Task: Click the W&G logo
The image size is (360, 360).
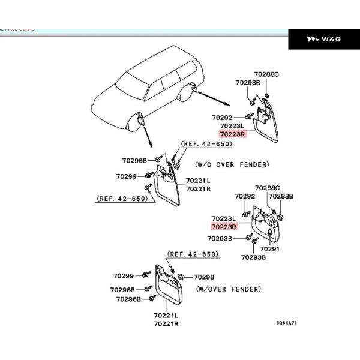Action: [x=323, y=39]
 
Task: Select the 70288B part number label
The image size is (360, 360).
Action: [x=281, y=196]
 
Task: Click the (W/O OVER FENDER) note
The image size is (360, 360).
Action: [x=232, y=164]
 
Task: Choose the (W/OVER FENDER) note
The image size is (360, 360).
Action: [x=228, y=289]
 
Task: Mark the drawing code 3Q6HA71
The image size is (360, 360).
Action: [x=287, y=322]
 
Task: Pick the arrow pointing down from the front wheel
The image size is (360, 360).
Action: [x=147, y=137]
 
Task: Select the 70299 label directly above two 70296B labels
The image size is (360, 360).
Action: [x=124, y=276]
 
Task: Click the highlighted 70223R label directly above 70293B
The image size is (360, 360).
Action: [x=224, y=227]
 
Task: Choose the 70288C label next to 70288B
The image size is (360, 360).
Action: [x=267, y=188]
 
